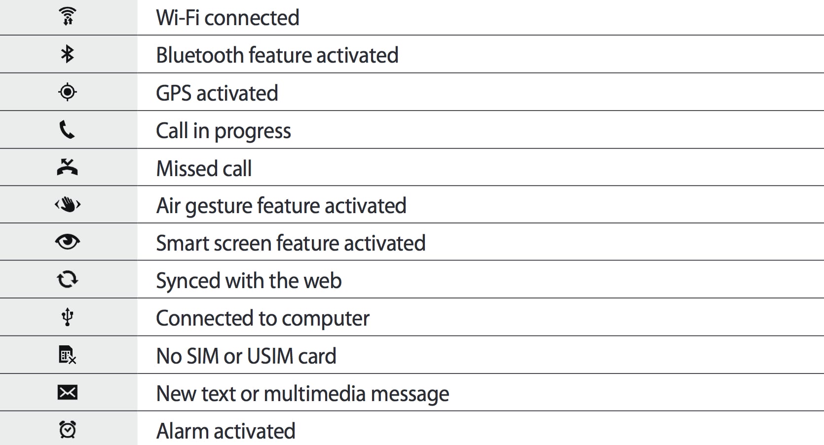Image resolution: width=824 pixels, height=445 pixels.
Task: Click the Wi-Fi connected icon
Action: pyautogui.click(x=68, y=16)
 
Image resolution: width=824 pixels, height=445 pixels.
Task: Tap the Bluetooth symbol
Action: pyautogui.click(x=68, y=54)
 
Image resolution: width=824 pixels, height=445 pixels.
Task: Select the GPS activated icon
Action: pyautogui.click(x=68, y=92)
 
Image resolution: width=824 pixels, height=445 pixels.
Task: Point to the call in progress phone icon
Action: pyautogui.click(x=67, y=130)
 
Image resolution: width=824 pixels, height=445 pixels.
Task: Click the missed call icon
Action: pyautogui.click(x=67, y=168)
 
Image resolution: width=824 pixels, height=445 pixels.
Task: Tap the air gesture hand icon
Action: pyautogui.click(x=68, y=204)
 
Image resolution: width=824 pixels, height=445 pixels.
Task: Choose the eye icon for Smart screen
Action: pyautogui.click(x=68, y=242)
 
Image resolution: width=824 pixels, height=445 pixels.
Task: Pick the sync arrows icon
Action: pyautogui.click(x=68, y=280)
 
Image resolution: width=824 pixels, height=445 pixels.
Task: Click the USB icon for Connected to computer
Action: pyautogui.click(x=68, y=317)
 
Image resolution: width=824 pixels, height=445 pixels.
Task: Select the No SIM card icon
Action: pyautogui.click(x=67, y=355)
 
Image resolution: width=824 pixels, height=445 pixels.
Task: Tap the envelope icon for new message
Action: pyautogui.click(x=68, y=393)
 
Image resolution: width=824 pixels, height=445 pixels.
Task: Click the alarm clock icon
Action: pyautogui.click(x=68, y=430)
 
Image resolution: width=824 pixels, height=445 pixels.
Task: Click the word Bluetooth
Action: pyautogui.click(x=200, y=55)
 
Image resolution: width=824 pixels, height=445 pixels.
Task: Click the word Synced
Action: pyautogui.click(x=188, y=281)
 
